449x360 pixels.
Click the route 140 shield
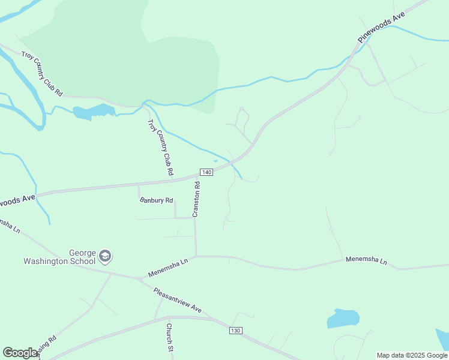206,172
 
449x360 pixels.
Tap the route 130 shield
235,331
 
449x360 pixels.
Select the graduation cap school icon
105,256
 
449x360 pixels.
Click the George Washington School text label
59,257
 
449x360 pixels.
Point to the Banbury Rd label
156,200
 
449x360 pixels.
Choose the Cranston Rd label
196,199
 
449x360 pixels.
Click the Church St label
170,337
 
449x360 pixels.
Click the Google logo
20,353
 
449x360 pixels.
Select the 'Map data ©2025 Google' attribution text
412,355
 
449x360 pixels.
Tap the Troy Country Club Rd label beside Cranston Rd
160,148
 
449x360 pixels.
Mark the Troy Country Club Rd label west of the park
42,74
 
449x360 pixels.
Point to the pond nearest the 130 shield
343,318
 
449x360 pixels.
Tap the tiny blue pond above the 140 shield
216,161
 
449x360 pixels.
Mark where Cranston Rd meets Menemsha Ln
196,256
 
